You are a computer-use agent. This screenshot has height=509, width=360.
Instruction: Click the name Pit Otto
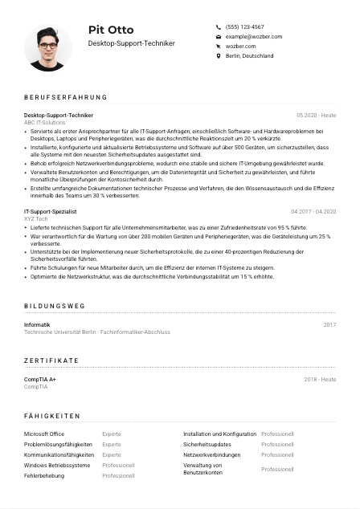(x=111, y=30)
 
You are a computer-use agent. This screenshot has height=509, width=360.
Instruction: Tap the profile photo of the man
(x=48, y=47)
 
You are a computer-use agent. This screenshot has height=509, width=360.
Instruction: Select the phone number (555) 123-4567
(x=244, y=26)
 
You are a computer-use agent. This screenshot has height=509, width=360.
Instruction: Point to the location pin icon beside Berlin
(x=219, y=56)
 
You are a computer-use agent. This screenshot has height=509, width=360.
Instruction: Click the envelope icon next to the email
(x=219, y=37)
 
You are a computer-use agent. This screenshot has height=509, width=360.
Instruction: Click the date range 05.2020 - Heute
(x=316, y=116)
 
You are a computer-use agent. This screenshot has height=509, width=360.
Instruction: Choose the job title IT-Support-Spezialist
(x=51, y=212)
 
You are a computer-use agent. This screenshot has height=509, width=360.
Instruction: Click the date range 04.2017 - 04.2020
(x=313, y=212)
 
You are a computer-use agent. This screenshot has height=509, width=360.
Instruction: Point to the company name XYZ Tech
(x=36, y=219)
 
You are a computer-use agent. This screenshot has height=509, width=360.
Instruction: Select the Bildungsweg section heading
(x=55, y=307)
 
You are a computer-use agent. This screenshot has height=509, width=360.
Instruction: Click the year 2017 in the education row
(x=329, y=324)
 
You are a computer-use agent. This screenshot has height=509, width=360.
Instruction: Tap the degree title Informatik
(x=37, y=324)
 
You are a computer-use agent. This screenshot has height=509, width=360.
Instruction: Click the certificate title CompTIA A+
(x=40, y=379)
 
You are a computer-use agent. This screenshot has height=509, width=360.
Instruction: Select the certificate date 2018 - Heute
(x=320, y=379)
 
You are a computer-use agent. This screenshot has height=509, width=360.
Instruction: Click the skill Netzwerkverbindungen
(x=211, y=454)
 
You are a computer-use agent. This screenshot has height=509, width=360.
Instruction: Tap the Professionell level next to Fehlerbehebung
(x=118, y=475)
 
